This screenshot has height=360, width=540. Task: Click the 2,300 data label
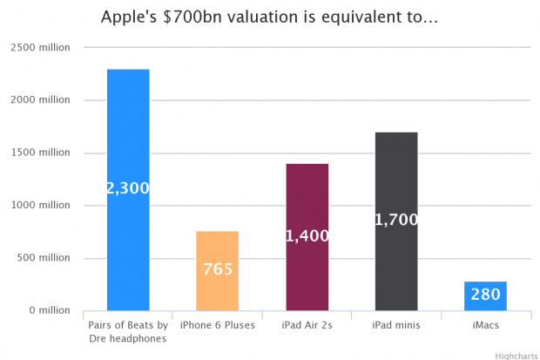point(128,188)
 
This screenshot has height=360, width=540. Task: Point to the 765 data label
point(218,269)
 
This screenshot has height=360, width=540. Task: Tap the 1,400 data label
point(307,236)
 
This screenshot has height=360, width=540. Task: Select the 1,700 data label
point(396,221)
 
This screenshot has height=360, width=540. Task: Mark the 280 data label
point(485,295)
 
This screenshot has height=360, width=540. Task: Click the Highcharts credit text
point(516,355)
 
